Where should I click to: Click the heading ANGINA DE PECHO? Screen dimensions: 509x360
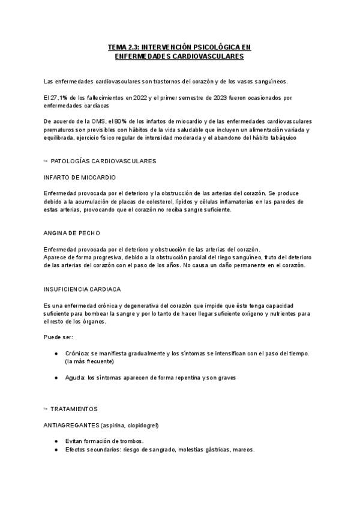[72, 233]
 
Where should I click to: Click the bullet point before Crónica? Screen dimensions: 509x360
[56, 354]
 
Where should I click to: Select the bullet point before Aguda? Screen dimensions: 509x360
[56, 378]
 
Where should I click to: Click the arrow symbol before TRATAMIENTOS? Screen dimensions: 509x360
[46, 409]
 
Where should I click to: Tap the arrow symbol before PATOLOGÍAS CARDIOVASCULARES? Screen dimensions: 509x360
[46, 161]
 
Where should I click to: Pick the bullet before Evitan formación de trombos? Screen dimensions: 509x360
[56, 441]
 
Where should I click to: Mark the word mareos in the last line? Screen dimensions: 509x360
[244, 450]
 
